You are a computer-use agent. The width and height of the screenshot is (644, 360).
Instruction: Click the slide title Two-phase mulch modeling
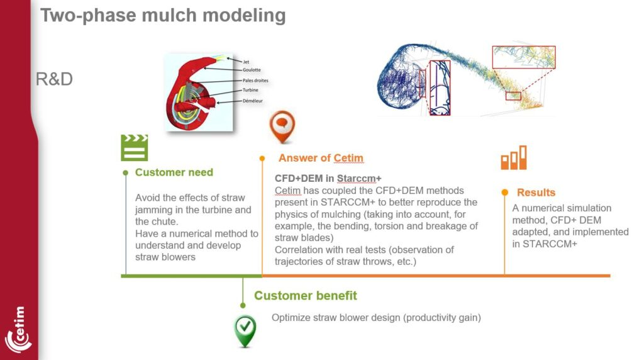[163, 14]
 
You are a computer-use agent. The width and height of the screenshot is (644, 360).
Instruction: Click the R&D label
[55, 79]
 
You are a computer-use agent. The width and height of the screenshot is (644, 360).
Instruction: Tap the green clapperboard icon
[134, 148]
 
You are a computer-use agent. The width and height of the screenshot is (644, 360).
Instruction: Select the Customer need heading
[174, 172]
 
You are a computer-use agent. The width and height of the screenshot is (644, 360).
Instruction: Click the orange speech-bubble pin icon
[282, 127]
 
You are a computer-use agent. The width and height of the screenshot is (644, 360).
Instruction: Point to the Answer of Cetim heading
[321, 158]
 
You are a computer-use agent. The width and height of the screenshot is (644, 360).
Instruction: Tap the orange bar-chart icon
[513, 158]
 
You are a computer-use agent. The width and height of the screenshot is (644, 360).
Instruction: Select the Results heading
[536, 193]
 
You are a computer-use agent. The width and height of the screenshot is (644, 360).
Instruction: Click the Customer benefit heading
[306, 295]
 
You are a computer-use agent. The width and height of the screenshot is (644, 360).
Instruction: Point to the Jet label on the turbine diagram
[245, 62]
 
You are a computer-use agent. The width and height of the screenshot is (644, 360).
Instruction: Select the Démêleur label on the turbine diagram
[253, 101]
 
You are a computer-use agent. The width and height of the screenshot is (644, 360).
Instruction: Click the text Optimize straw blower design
[376, 318]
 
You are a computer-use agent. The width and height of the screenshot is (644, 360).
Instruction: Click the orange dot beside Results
[504, 192]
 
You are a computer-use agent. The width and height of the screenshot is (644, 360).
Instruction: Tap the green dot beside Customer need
[126, 172]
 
